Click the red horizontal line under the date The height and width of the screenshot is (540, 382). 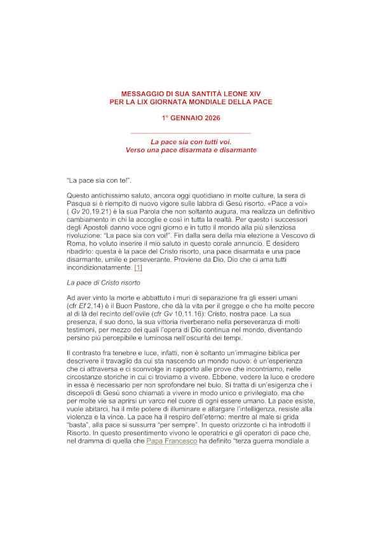coord(191,133)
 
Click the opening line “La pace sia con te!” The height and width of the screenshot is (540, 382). coord(99,180)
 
